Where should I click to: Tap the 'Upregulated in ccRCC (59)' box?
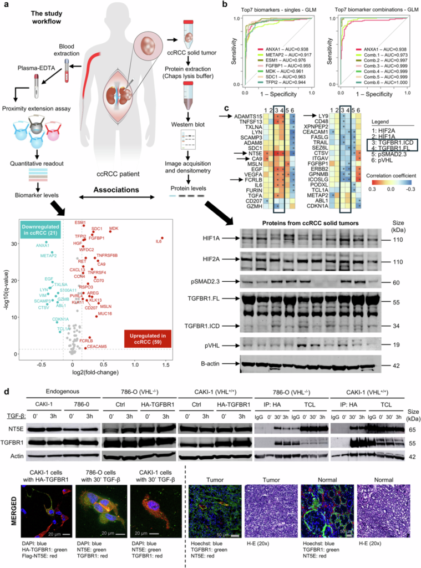coord(148,337)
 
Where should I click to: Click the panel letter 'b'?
coord(224,5)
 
